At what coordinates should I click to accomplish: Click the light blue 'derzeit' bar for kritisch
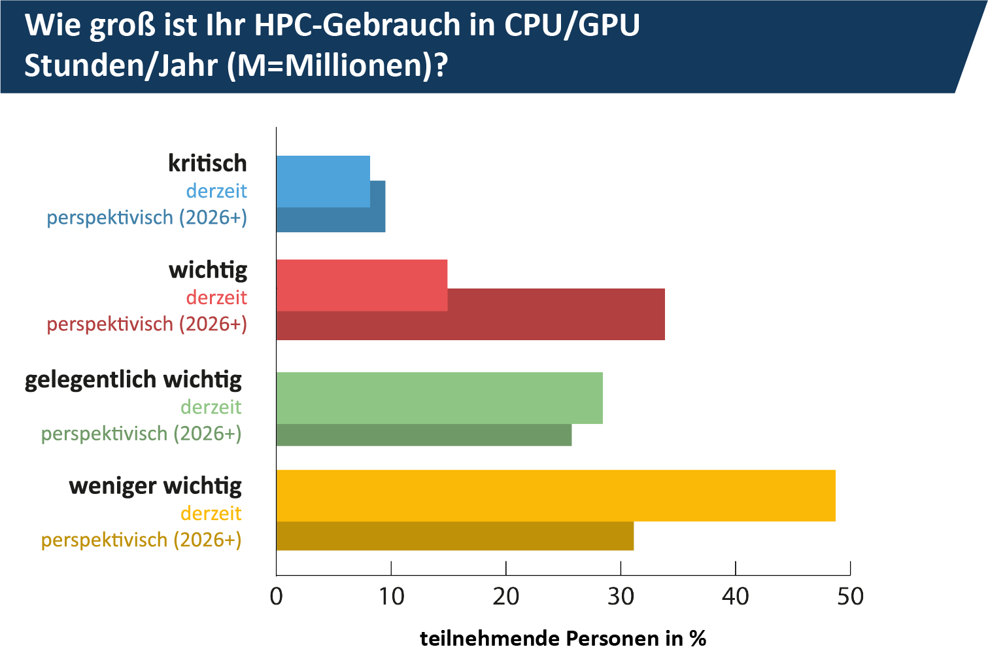[323, 181]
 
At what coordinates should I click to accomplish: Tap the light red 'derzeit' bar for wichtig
[362, 285]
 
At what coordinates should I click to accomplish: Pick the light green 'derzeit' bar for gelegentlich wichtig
[439, 398]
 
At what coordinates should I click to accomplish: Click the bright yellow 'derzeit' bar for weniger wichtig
[556, 495]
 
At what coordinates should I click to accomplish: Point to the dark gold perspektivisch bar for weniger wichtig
[455, 536]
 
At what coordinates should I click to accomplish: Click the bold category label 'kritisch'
[207, 163]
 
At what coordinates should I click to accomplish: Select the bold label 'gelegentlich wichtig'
[133, 379]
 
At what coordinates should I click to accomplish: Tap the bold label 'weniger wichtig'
[155, 486]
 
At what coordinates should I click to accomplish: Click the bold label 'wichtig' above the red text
[208, 270]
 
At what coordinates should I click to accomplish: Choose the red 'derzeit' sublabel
[216, 298]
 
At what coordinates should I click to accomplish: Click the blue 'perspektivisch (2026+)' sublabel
[147, 217]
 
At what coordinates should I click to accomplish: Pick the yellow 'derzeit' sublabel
[211, 514]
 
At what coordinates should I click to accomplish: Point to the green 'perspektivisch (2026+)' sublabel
[141, 434]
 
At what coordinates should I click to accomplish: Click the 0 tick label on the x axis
[277, 597]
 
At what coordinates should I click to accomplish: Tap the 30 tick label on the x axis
[621, 597]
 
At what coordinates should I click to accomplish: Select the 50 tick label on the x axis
[850, 597]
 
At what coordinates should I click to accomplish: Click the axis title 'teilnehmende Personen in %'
[563, 639]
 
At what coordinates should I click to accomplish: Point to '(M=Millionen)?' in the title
[337, 65]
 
